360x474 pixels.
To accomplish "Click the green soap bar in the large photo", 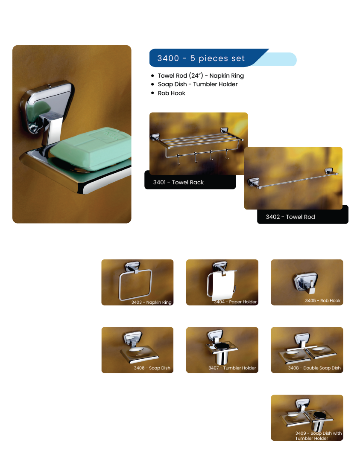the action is click(91, 148).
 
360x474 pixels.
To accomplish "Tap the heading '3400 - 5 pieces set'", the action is click(201, 58).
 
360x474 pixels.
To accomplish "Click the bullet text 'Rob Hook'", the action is click(172, 93).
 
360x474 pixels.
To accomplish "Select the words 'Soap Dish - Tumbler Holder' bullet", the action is click(198, 84).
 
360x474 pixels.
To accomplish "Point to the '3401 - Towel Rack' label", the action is click(179, 182).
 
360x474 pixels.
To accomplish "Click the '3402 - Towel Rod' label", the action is click(290, 217).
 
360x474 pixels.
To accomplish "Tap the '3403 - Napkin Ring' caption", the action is click(151, 302).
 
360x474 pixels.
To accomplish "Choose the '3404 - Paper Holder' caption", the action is click(235, 302).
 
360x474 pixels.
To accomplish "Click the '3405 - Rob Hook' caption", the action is click(323, 300).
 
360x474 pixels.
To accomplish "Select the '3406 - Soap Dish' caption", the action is click(152, 368).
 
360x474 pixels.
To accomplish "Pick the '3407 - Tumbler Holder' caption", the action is click(232, 368).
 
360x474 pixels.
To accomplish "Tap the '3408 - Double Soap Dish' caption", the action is click(314, 368).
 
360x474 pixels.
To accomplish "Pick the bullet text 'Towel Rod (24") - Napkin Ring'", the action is click(201, 76).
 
